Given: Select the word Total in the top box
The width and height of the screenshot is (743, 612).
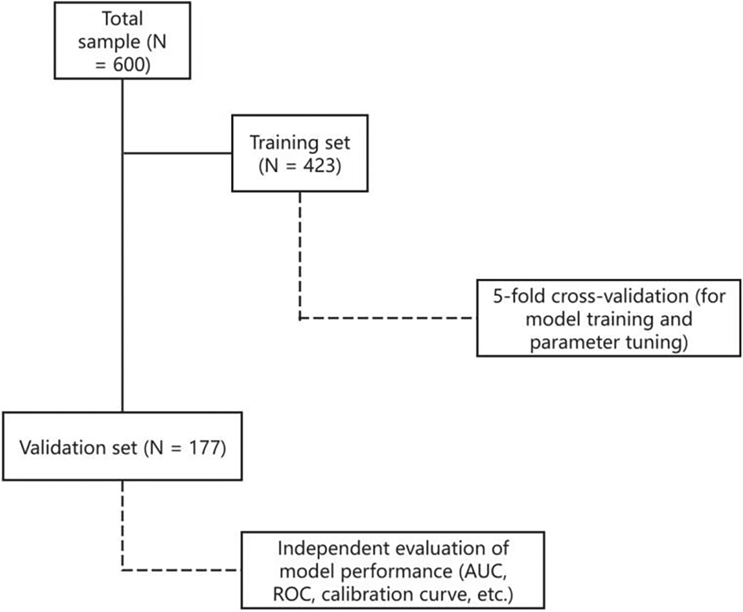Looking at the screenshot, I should pos(122,19).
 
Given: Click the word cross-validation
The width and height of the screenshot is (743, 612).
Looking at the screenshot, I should pos(620,296).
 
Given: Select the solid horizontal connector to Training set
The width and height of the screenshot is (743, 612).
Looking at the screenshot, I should pos(177,153).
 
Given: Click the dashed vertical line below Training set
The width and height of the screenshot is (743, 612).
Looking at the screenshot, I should pos(300,255).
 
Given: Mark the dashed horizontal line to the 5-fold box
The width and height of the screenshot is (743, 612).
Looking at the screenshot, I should pos(387,318).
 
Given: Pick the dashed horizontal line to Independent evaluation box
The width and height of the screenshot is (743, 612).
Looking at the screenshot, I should pos(180,570).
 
